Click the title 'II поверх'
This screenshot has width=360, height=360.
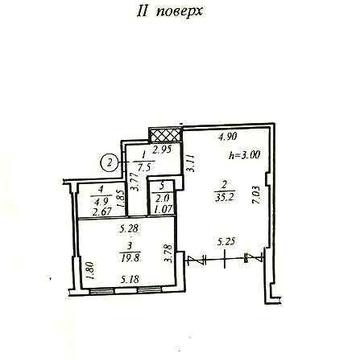179,16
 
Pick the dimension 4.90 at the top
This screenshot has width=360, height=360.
229,138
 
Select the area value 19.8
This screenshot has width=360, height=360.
128,256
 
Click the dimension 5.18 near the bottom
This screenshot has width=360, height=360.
126,279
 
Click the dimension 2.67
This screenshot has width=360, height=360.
99,210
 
